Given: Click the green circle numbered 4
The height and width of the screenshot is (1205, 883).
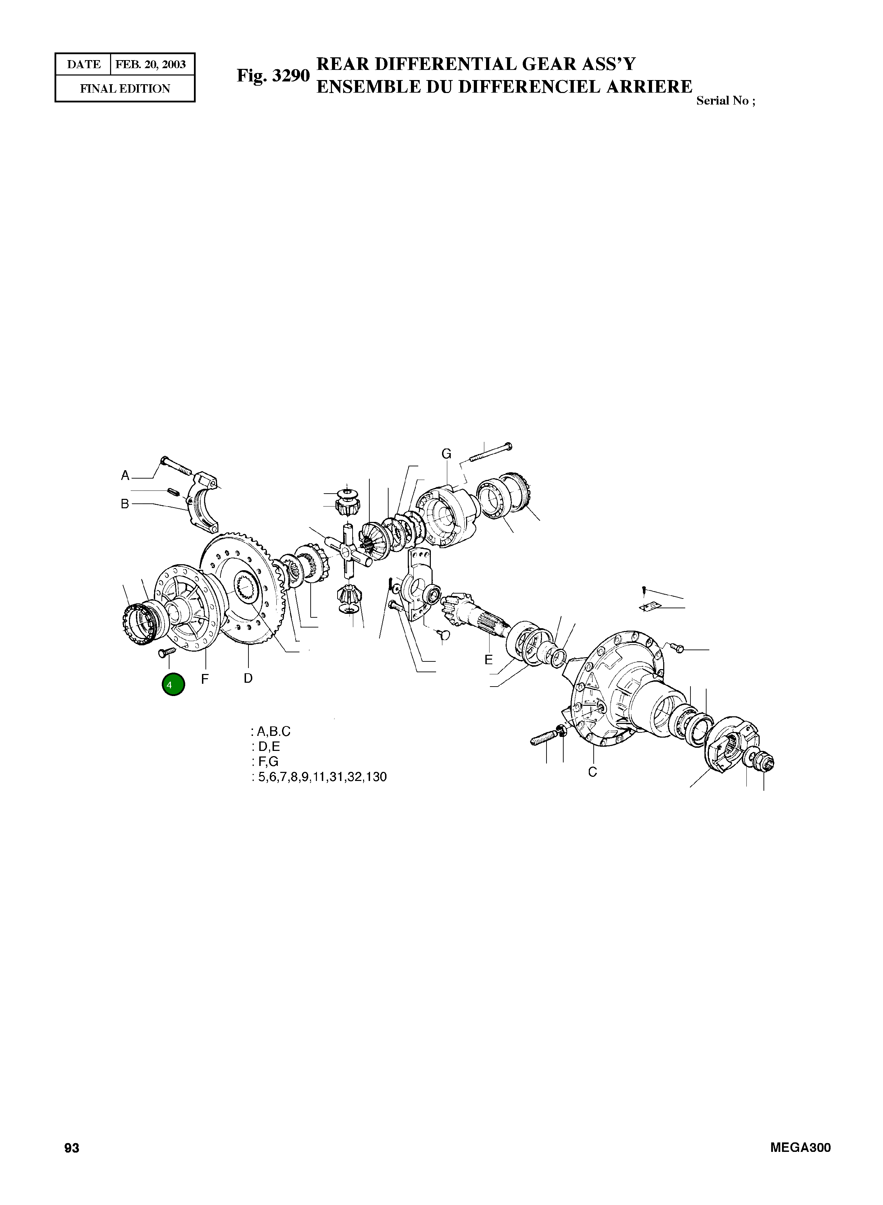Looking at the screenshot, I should point(173,685).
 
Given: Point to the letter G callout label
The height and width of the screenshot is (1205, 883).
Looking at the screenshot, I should point(446,454).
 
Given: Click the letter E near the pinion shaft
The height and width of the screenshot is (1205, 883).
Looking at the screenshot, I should point(488,660).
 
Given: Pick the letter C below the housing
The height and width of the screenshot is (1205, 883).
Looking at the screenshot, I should point(592,772).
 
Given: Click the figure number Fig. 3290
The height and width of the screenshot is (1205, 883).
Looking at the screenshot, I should point(273,76).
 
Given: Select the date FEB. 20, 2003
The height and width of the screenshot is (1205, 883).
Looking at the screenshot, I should point(151,65).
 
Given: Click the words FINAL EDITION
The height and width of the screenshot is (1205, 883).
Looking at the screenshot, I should point(125,89).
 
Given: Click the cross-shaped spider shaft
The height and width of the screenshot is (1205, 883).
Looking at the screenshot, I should point(348,551).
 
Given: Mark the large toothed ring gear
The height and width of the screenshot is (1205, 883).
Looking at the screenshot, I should point(243,588).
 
